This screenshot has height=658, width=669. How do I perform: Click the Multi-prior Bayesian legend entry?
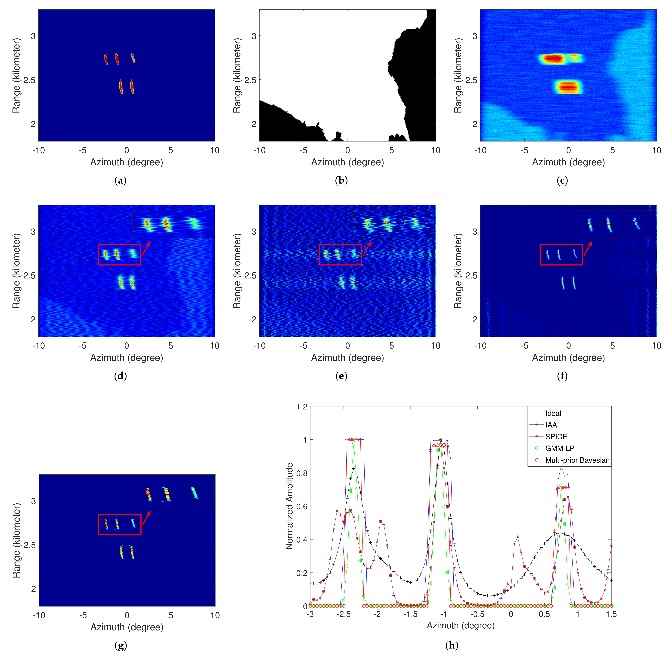pyautogui.click(x=577, y=460)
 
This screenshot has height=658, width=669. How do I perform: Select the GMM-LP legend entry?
pyautogui.click(x=560, y=448)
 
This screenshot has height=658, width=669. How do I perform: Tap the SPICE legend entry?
pyautogui.click(x=556, y=437)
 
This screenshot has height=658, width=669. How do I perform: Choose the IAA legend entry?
pyautogui.click(x=551, y=425)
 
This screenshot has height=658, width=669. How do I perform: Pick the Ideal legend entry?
pyautogui.click(x=553, y=413)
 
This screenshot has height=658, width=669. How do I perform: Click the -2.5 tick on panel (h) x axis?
pyautogui.click(x=344, y=614)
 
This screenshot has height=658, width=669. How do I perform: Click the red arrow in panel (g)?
pyautogui.click(x=146, y=518)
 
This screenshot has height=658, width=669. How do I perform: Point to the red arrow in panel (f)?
pyautogui.click(x=588, y=249)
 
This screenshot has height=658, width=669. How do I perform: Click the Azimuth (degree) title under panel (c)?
pyautogui.click(x=568, y=162)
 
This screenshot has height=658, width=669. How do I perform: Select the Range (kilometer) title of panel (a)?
pyautogui.click(x=16, y=75)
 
